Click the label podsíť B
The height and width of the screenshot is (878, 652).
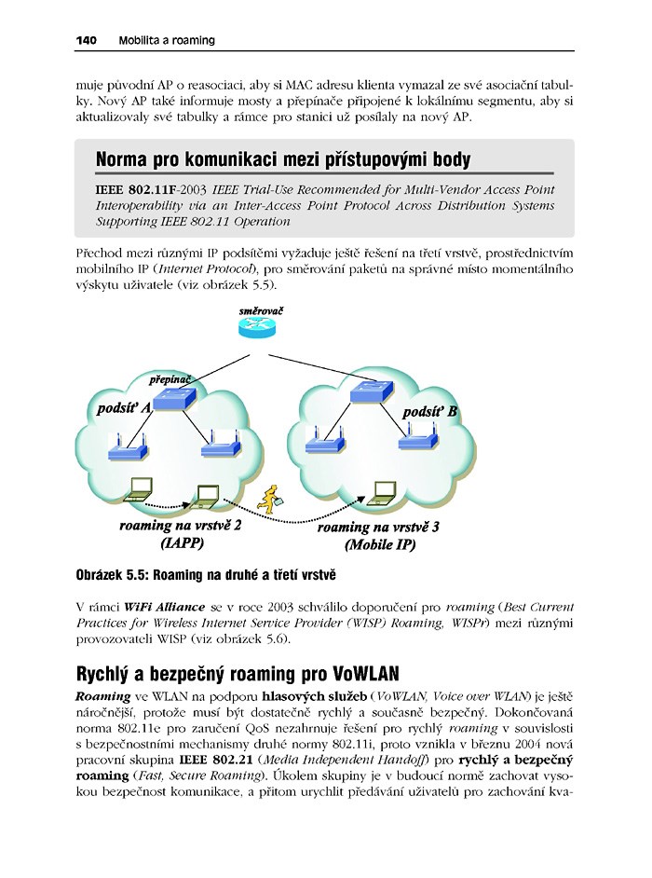click(x=429, y=411)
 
